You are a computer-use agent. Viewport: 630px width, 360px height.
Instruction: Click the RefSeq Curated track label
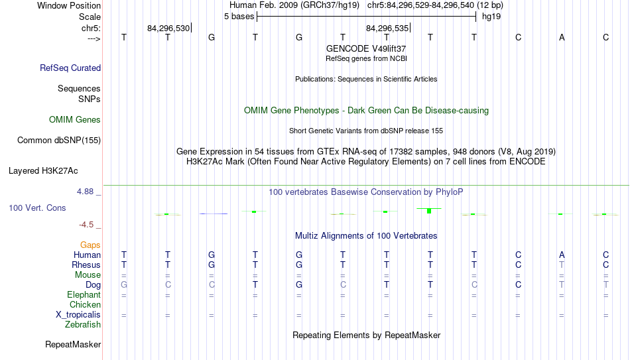click(70, 68)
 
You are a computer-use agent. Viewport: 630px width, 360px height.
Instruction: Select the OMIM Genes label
click(75, 120)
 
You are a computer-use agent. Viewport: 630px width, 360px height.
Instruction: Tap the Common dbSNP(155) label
click(59, 141)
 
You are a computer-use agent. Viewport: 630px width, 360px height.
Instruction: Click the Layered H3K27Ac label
click(43, 171)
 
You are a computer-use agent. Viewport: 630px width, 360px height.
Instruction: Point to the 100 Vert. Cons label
click(37, 208)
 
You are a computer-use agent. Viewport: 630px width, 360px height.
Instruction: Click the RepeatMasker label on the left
click(73, 344)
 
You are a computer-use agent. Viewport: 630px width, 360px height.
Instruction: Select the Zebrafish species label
click(83, 324)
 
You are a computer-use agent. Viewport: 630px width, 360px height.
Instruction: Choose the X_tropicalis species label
click(78, 315)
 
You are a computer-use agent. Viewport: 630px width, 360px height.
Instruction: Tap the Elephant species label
click(84, 294)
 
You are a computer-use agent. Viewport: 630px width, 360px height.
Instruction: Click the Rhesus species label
click(86, 265)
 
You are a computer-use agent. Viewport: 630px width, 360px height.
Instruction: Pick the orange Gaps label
click(90, 245)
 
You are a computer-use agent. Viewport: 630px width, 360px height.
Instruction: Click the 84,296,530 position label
click(168, 28)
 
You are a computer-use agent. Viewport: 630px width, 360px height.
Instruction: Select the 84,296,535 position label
click(387, 28)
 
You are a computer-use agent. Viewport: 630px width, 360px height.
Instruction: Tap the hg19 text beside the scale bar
click(491, 17)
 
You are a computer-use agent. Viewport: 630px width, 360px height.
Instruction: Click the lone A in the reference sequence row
click(562, 37)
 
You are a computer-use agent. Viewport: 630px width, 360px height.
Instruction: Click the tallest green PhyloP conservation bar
click(429, 211)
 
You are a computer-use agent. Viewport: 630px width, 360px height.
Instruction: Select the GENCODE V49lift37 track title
click(366, 48)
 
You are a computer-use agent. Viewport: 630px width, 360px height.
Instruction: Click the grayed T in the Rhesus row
click(562, 265)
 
